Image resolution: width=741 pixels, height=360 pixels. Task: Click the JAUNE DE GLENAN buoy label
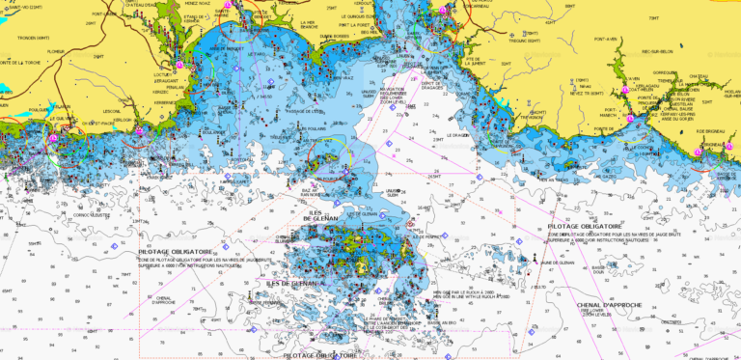(558, 263)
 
